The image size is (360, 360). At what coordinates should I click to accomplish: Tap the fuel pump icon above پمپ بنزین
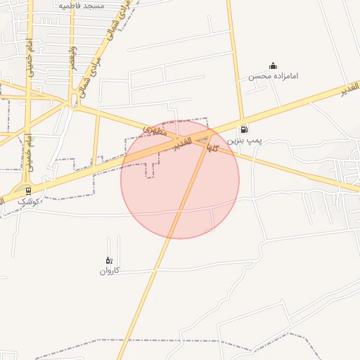(x=244, y=129)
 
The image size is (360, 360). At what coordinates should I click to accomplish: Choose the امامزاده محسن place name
(x=273, y=75)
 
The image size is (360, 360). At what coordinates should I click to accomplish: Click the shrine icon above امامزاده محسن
(x=273, y=66)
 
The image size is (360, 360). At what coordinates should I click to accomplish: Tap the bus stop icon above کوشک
(x=28, y=190)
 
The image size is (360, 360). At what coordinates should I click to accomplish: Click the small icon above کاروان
(x=108, y=261)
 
